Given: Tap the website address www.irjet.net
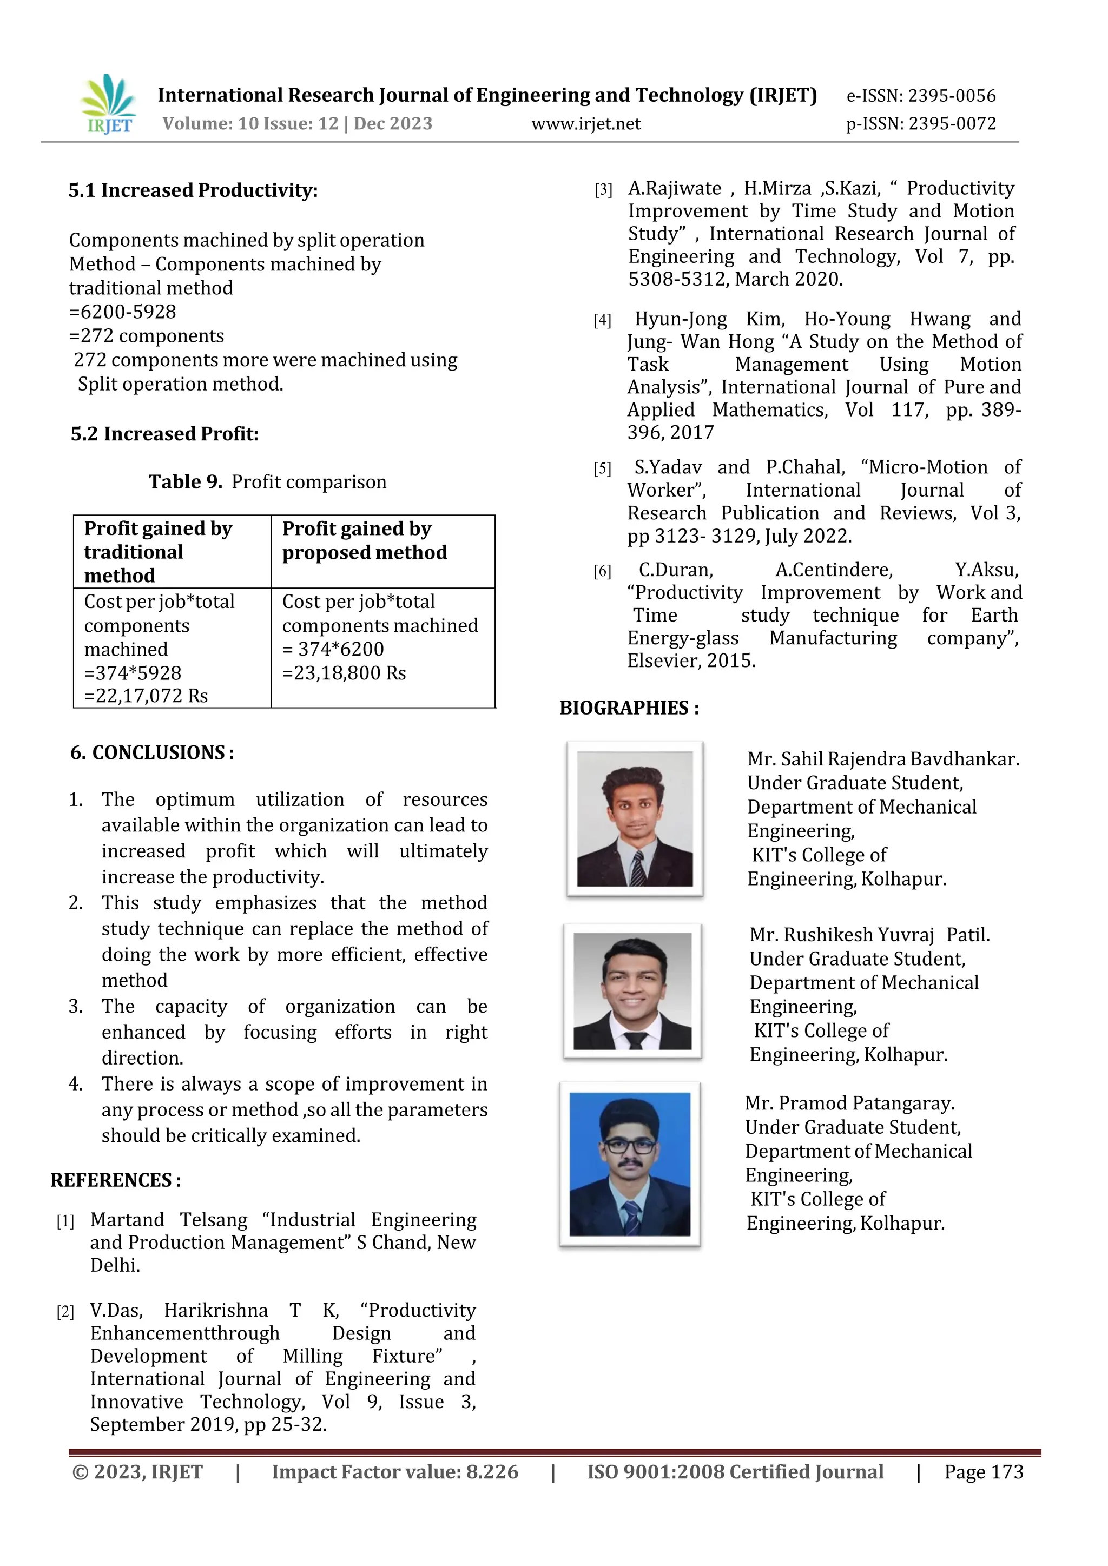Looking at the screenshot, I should tap(585, 124).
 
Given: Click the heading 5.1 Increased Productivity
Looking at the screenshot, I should tap(193, 190).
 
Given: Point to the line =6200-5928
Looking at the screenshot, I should tap(123, 312).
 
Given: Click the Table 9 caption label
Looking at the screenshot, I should tap(186, 482).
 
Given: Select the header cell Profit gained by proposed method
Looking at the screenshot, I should tap(365, 540).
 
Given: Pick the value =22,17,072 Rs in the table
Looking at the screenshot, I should tap(146, 696).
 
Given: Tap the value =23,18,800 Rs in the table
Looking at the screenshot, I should tap(344, 673).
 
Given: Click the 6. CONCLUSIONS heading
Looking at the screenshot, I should tap(152, 753).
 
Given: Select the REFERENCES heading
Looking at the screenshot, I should tap(115, 1181).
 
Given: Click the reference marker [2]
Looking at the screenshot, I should tap(65, 1312).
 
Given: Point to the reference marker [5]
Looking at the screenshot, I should tap(603, 468).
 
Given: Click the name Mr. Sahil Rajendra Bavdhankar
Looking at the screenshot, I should tap(883, 759).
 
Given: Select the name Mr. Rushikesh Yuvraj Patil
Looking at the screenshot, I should tap(869, 935).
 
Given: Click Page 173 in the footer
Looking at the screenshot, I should tap(983, 1472).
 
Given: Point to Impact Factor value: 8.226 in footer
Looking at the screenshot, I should tap(395, 1472).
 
